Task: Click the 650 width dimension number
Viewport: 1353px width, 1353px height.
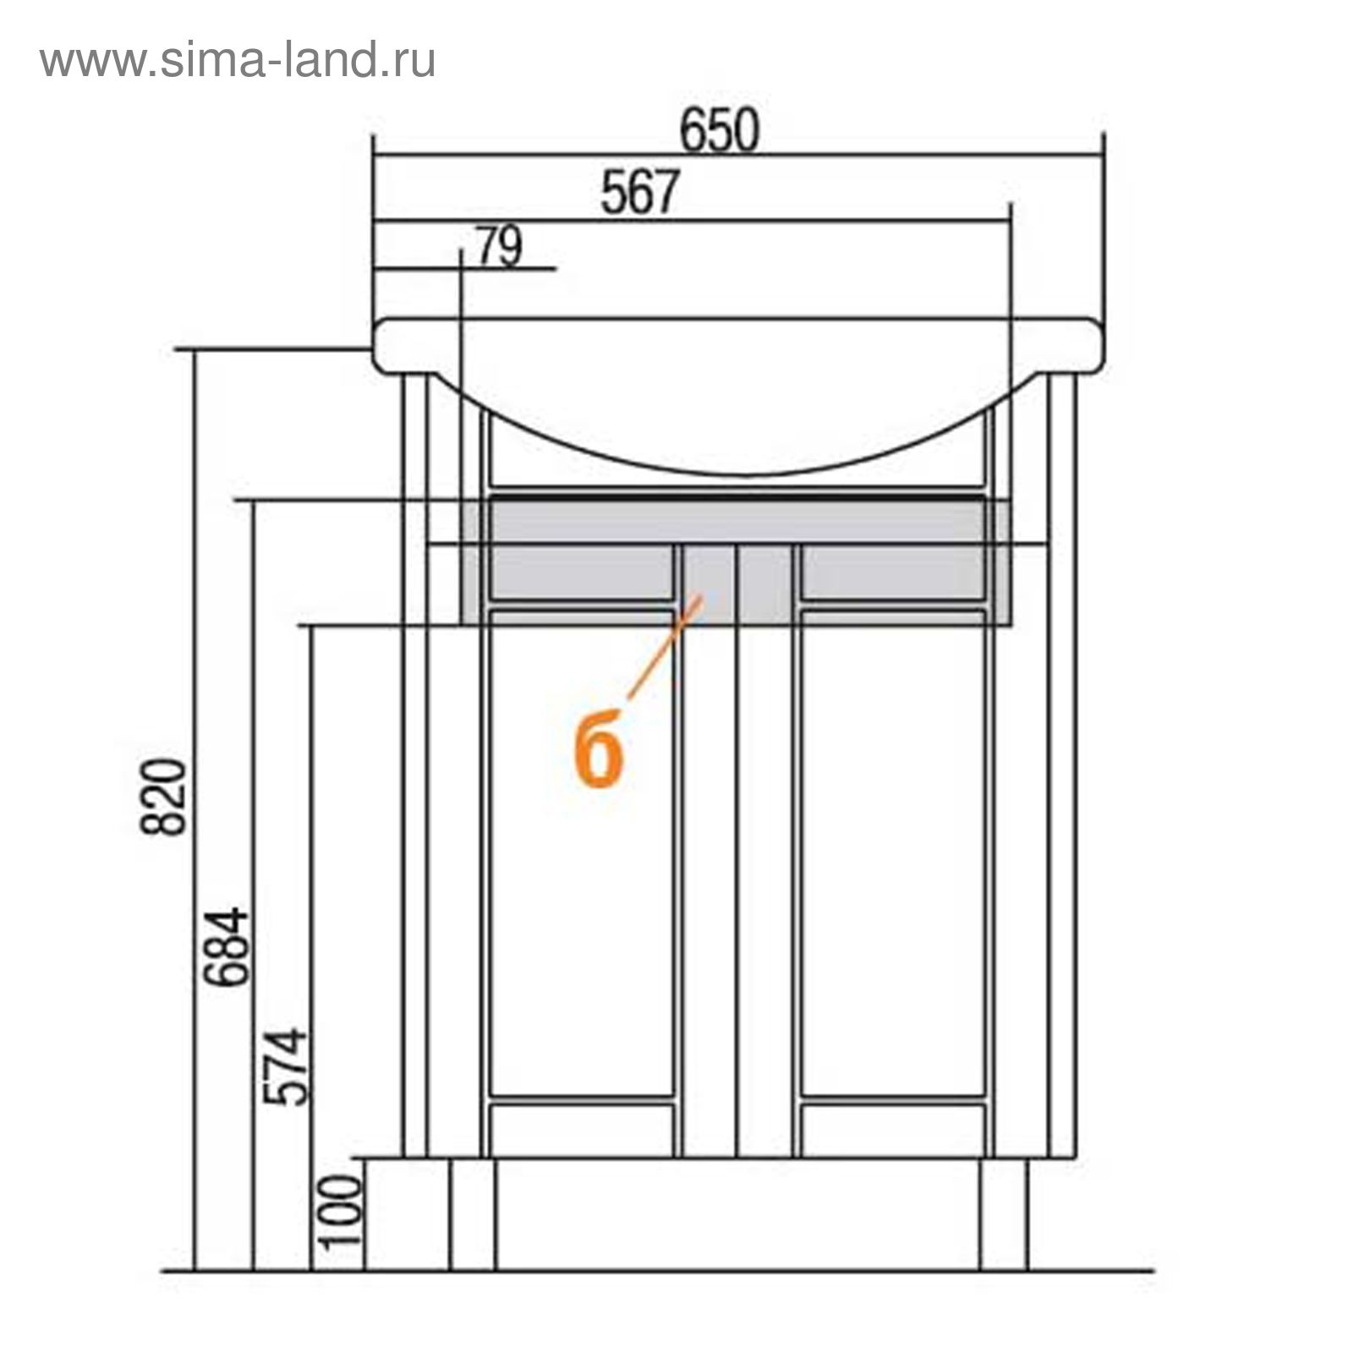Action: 720,131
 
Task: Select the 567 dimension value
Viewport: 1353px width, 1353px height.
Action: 639,193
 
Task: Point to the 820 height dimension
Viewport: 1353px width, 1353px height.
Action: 162,797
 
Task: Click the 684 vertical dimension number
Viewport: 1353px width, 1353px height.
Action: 230,946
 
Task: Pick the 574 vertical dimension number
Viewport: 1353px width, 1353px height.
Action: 285,1066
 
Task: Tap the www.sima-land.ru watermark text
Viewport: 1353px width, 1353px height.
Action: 238,61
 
